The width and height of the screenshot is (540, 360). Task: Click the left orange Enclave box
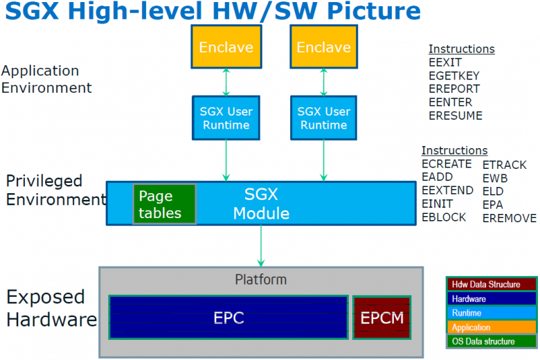point(226,48)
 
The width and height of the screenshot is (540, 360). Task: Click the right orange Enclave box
point(323,48)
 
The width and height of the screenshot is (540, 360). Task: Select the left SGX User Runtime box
point(226,118)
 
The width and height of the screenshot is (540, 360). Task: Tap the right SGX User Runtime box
point(323,118)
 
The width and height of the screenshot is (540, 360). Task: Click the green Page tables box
point(164,204)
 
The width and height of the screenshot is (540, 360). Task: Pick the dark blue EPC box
point(228,318)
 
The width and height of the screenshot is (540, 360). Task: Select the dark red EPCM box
point(382,318)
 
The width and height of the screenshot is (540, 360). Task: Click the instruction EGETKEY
point(453,75)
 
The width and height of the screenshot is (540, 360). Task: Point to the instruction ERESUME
point(455,116)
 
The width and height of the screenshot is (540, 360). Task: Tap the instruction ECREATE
point(447,164)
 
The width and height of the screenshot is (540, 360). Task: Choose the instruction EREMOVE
point(509,218)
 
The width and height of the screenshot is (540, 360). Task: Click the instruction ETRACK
point(504,165)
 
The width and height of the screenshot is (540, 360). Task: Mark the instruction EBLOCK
point(444,217)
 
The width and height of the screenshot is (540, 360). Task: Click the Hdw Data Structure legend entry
point(492,285)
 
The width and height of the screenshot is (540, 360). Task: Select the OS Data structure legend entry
point(492,341)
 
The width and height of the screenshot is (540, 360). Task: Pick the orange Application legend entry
point(492,327)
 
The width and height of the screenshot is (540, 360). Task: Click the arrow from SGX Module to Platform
point(261,246)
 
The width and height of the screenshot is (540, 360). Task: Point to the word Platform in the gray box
point(260,280)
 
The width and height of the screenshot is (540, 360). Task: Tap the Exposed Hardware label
point(51,308)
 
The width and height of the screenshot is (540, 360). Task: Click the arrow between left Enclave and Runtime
point(226,82)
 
